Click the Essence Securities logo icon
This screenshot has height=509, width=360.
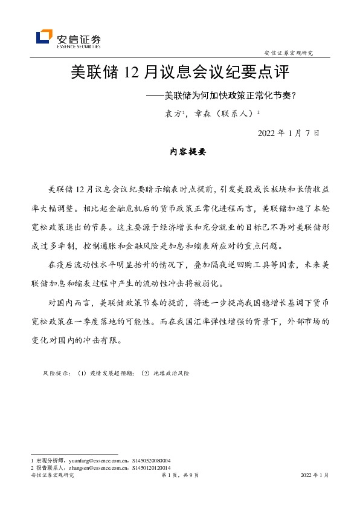pyautogui.click(x=44, y=37)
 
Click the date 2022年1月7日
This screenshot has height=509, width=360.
pyautogui.click(x=288, y=133)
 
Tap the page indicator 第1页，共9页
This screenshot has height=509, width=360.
pyautogui.click(x=179, y=476)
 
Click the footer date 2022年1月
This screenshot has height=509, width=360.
pyautogui.click(x=315, y=476)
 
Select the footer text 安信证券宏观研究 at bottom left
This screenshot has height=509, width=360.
pyautogui.click(x=51, y=476)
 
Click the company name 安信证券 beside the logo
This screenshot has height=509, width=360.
pyautogui.click(x=78, y=35)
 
